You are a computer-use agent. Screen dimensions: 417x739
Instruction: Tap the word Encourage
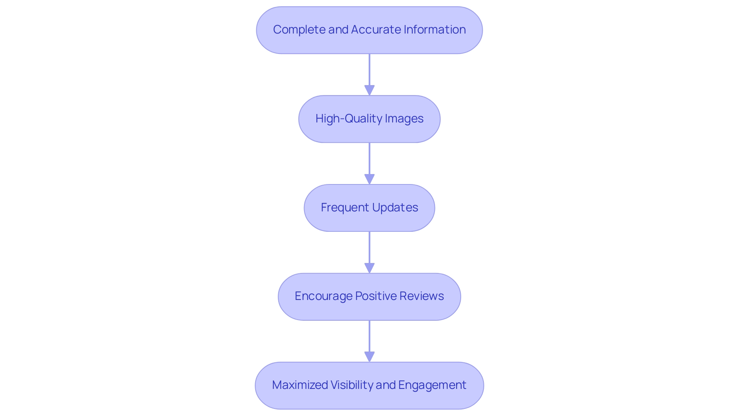pos(323,296)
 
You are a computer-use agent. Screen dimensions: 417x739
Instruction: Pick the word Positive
pos(376,296)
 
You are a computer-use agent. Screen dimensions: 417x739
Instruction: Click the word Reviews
pos(421,296)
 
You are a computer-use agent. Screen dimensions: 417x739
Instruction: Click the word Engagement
pos(432,385)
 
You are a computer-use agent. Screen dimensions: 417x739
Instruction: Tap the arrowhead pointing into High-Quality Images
pos(369,90)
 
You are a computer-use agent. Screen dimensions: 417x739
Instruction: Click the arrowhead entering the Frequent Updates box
pos(369,179)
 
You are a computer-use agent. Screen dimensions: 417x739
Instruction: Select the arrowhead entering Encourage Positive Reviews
pos(369,268)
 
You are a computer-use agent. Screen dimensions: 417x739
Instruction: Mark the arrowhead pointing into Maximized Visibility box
pos(369,357)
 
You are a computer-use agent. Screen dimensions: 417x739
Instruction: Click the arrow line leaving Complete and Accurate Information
pos(369,69)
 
